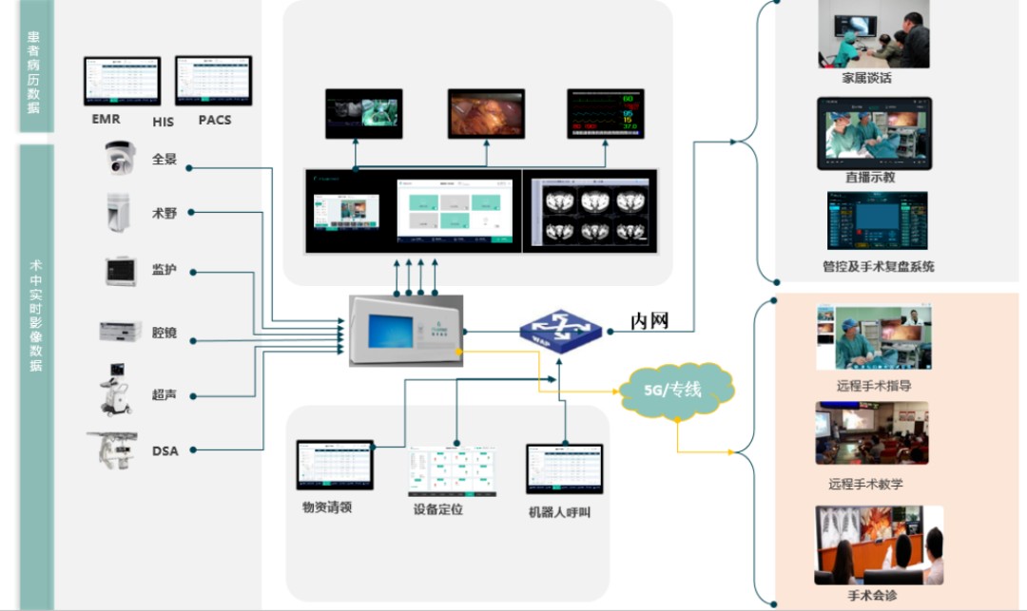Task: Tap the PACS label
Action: (215, 121)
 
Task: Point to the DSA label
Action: (165, 450)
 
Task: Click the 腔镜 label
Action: (165, 334)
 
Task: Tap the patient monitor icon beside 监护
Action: (121, 272)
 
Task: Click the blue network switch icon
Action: (560, 328)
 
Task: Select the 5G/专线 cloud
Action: (676, 389)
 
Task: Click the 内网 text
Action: (650, 321)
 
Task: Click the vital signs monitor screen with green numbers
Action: (606, 113)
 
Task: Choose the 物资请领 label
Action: (327, 507)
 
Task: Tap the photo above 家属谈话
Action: (874, 40)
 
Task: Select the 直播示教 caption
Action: (870, 178)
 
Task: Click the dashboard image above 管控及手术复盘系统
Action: (877, 221)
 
